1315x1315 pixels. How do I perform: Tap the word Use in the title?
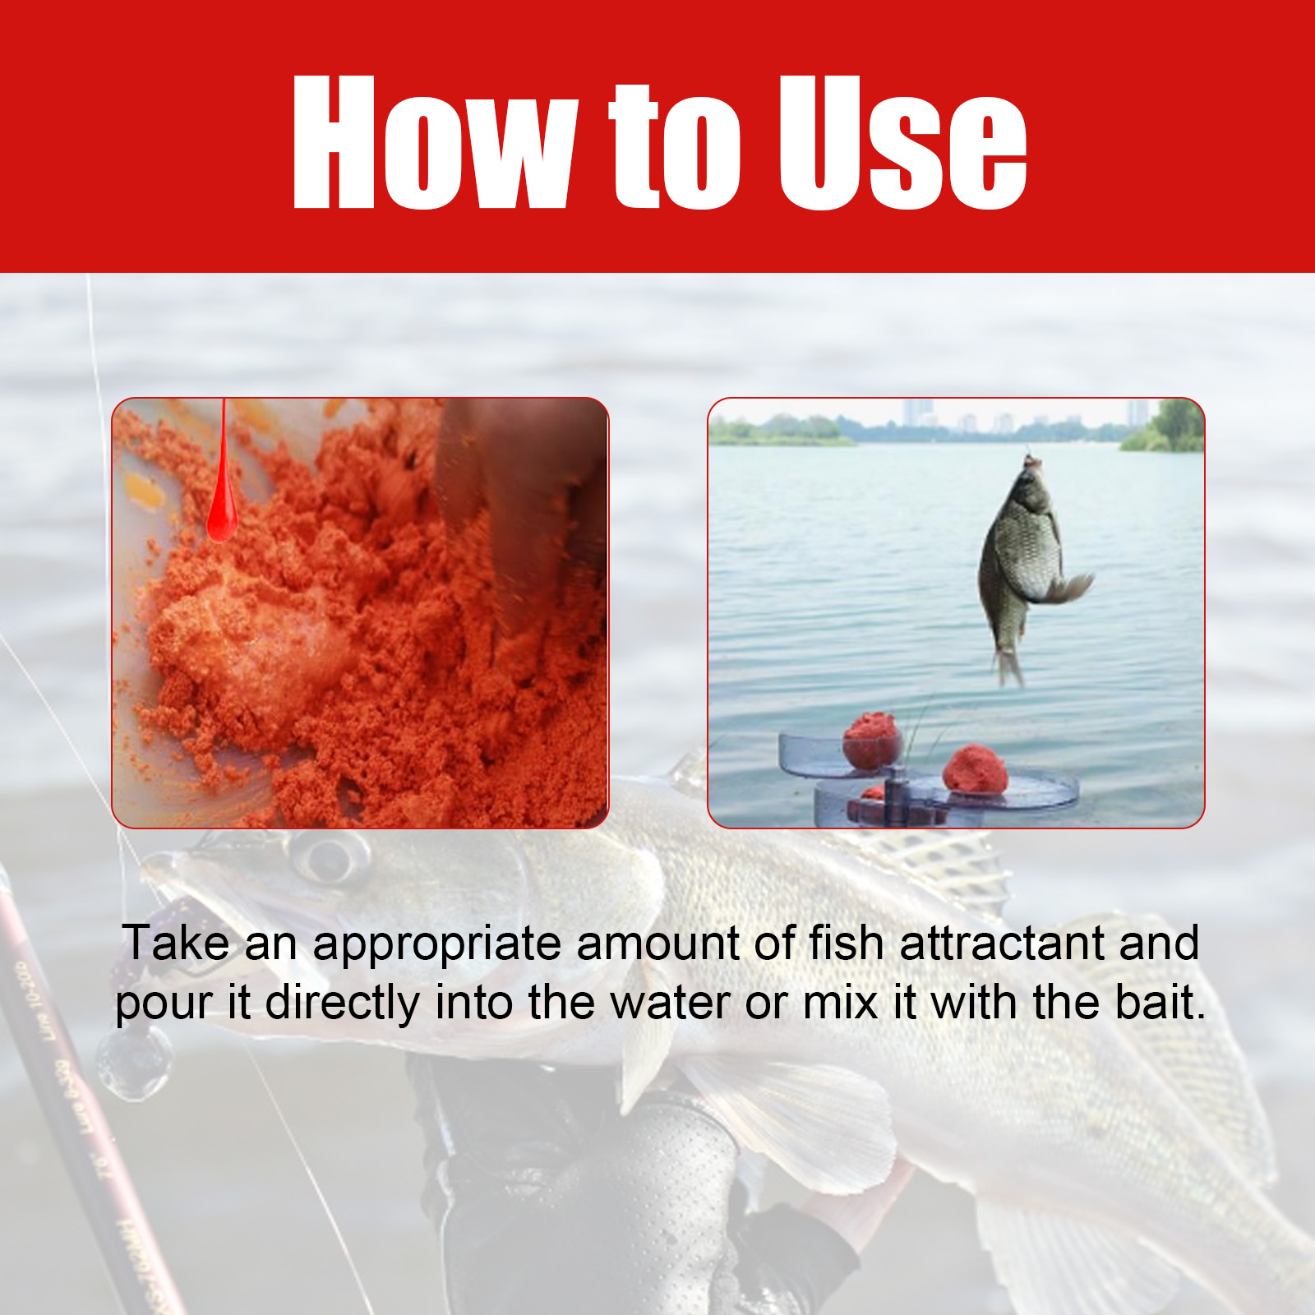(902, 142)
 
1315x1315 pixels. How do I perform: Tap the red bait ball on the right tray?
(976, 769)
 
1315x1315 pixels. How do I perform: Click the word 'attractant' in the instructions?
(1002, 943)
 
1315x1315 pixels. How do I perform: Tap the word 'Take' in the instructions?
(176, 943)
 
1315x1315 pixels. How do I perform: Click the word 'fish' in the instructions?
(847, 943)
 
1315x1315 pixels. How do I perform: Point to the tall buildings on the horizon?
(918, 413)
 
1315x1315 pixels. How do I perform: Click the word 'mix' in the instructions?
(840, 1003)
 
